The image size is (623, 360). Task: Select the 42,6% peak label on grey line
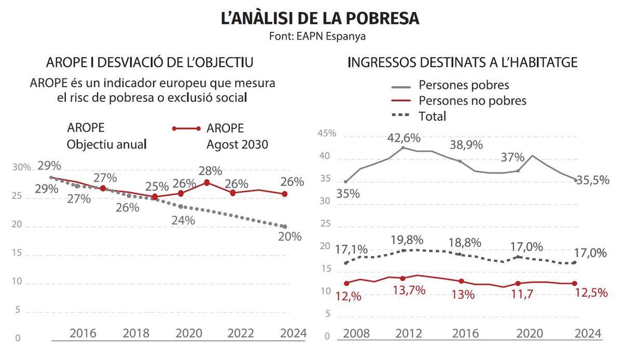[403, 139]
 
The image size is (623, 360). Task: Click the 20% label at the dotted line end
[289, 236]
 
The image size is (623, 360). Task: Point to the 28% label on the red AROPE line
[210, 170]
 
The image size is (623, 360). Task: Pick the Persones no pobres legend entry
[472, 100]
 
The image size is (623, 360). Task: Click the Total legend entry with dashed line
[432, 116]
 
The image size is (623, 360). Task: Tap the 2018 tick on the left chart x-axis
[136, 332]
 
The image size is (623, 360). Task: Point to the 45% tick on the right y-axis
[327, 134]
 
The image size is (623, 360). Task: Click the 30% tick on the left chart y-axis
[22, 167]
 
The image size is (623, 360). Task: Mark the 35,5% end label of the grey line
[591, 181]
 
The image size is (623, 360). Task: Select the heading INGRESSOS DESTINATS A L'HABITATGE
[462, 62]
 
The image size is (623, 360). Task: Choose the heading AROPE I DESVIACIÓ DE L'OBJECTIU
[150, 62]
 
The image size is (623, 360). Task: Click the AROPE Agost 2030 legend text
[237, 136]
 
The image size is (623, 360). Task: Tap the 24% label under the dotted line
[183, 220]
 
